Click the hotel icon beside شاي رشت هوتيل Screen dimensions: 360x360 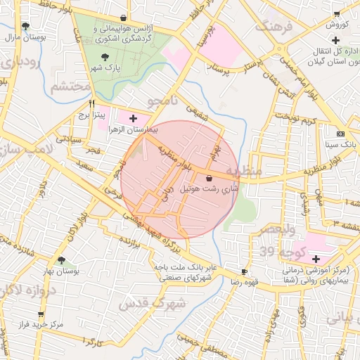210,179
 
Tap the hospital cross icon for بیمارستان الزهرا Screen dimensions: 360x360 134,118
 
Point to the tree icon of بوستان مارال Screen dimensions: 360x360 26,27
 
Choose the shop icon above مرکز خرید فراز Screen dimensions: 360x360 40,314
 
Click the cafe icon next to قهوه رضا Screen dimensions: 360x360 244,271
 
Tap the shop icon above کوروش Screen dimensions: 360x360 337,13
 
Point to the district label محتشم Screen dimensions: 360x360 71,86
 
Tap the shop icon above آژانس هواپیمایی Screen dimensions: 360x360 124,18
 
